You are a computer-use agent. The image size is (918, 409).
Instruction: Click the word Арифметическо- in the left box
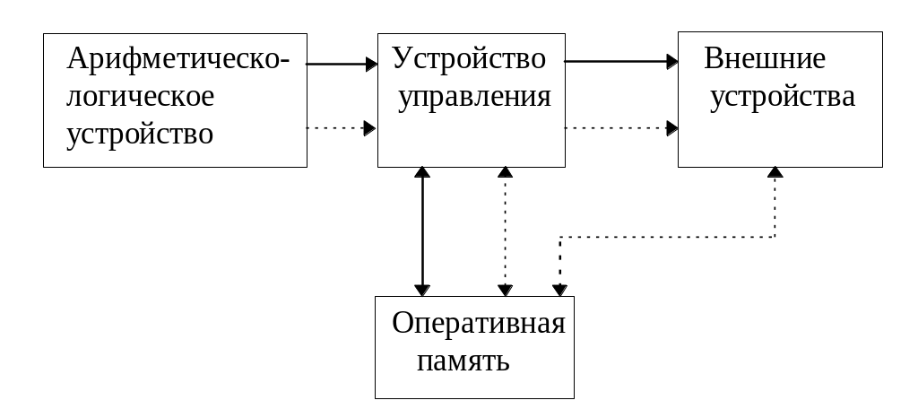click(x=178, y=60)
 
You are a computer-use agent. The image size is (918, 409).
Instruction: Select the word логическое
click(x=141, y=97)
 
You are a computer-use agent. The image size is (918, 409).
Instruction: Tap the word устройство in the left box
click(x=141, y=135)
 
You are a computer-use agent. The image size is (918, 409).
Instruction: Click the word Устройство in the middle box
click(x=469, y=59)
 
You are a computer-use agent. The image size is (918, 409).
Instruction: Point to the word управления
click(x=474, y=97)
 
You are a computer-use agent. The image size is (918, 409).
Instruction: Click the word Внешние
click(x=765, y=60)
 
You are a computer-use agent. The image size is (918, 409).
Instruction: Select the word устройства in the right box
click(x=783, y=97)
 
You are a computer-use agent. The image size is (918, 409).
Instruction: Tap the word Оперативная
click(x=478, y=323)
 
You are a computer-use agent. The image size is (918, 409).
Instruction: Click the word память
click(x=463, y=361)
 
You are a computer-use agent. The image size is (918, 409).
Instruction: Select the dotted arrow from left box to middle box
click(x=341, y=128)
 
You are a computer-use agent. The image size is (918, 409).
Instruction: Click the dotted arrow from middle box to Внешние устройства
click(x=619, y=128)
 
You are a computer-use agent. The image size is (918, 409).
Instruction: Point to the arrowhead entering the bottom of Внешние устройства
click(x=775, y=172)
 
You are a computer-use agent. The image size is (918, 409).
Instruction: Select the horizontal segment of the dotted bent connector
click(x=668, y=238)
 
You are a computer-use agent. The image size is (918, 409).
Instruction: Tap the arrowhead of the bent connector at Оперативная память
click(x=559, y=290)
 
